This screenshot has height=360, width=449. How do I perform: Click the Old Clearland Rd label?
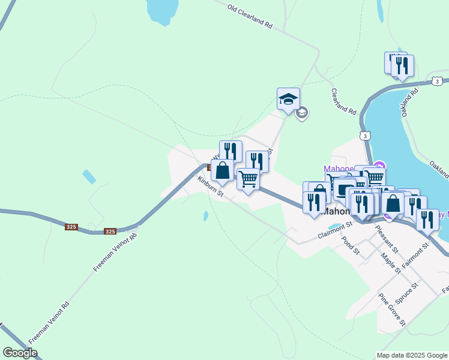(x=250, y=17)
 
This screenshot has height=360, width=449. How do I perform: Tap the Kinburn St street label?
(x=211, y=187)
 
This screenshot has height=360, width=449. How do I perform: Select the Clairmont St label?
(x=335, y=230)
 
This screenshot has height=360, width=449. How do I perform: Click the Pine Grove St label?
(x=392, y=309)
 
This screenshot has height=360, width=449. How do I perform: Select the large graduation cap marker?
(x=288, y=98)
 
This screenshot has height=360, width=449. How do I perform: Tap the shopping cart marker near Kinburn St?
(x=248, y=178)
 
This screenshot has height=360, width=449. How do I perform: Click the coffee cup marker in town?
(x=343, y=188)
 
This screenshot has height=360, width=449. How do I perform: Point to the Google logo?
(x=20, y=353)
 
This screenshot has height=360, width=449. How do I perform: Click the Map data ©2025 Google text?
(x=411, y=355)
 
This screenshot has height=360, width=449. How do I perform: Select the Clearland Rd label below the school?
(x=344, y=102)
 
